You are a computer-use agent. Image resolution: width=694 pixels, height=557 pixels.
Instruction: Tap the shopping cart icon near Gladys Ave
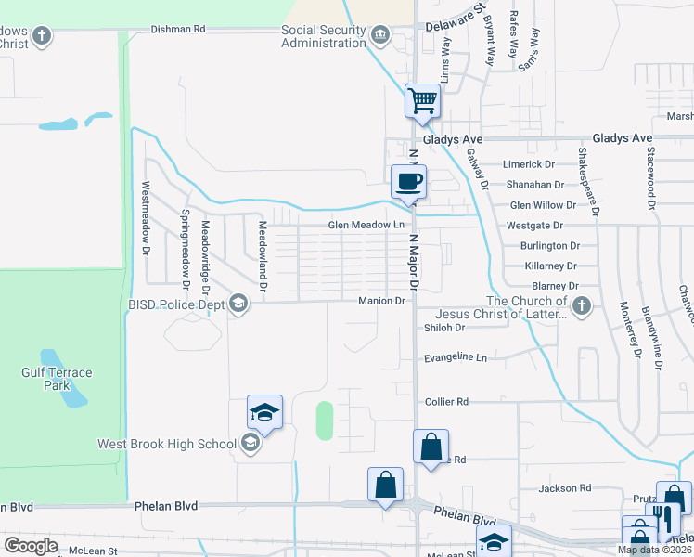coord(422,99)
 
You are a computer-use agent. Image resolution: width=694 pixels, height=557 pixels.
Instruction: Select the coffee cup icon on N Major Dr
coord(408,181)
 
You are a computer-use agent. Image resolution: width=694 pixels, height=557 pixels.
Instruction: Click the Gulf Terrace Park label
coord(58,379)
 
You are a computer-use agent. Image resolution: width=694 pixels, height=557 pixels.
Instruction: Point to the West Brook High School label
coord(167,444)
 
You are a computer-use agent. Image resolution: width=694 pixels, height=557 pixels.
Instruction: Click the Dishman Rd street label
coord(177,29)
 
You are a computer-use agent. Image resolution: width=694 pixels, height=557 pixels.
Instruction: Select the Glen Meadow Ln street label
coord(366,226)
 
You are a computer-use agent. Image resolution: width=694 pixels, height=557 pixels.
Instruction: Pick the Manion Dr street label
coord(382,301)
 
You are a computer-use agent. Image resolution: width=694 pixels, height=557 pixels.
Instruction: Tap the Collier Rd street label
coord(446,401)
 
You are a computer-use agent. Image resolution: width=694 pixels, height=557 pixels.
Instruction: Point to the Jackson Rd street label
coord(566,487)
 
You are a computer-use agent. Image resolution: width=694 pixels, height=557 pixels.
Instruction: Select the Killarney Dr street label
coord(551,266)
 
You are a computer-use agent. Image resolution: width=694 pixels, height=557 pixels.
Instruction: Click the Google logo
coord(31,545)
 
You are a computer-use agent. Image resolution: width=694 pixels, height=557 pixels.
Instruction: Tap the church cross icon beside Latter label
coord(581,306)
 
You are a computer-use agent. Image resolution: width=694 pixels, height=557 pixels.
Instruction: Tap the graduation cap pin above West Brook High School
coord(264,411)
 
